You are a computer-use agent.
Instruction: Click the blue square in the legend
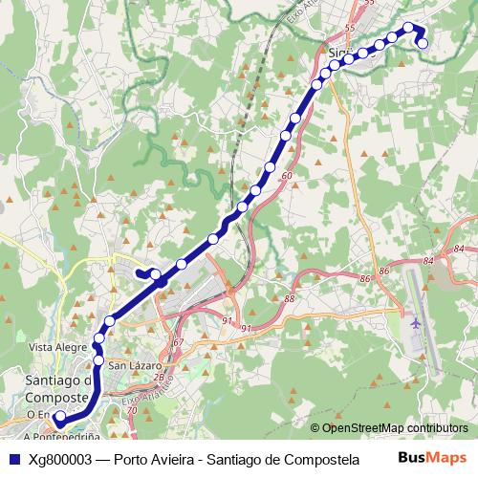coord(12,458)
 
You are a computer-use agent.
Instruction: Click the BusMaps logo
coord(432,457)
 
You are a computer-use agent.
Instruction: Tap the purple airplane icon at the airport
coord(415,322)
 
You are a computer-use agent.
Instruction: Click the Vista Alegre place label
coord(54,347)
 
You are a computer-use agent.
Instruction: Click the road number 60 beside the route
coord(287,176)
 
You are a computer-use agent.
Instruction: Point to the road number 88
coord(290,299)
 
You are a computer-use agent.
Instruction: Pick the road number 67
coord(178,341)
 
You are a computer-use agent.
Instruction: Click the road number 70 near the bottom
coord(132,410)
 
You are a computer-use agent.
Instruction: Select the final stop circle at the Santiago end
coord(59,418)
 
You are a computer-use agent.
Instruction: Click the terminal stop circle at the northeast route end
coord(423,42)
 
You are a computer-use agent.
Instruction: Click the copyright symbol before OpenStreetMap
coord(315,428)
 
